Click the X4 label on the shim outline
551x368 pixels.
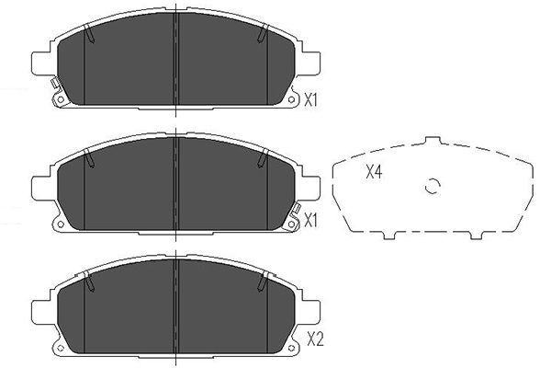[374, 172]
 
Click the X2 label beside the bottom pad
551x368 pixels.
[315, 339]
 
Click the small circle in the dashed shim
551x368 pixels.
[432, 187]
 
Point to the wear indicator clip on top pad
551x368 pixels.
[54, 89]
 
